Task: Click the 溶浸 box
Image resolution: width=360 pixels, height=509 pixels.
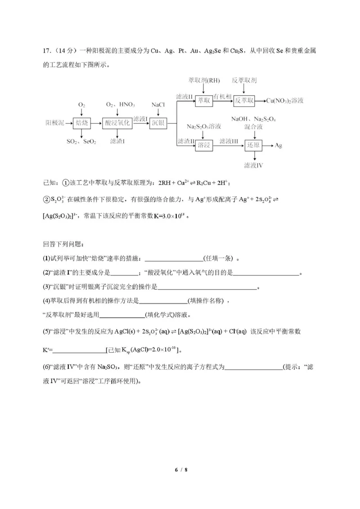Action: tap(204, 145)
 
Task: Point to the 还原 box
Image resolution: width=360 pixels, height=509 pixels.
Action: tap(253, 145)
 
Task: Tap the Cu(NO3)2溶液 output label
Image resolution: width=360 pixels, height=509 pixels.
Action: tap(285, 100)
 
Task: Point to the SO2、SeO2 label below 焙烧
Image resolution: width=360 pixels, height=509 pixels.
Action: tap(82, 141)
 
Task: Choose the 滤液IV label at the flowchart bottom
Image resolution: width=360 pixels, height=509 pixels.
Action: tap(253, 165)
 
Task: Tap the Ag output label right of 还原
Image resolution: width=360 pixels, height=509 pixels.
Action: tap(279, 145)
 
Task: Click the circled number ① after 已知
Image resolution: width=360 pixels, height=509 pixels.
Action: tap(65, 183)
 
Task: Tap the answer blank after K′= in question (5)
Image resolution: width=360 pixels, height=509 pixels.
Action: tap(79, 349)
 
